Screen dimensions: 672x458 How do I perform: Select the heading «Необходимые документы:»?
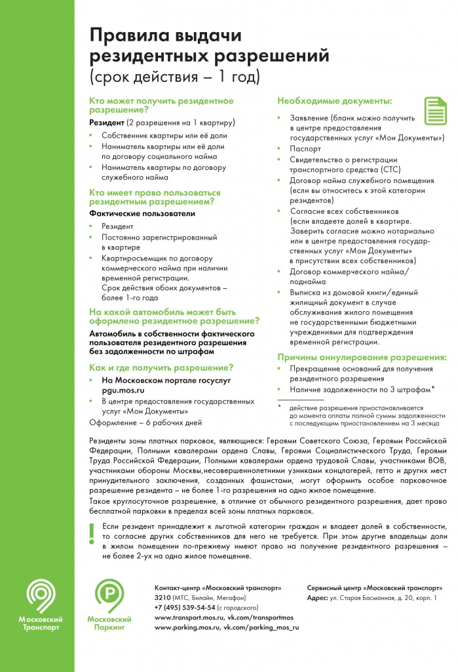point(335,101)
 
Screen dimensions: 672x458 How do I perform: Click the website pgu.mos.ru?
point(123,390)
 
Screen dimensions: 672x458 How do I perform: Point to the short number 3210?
point(162,598)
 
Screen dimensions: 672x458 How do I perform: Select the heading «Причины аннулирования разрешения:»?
point(362,358)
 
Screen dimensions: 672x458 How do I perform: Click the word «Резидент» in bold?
point(107,123)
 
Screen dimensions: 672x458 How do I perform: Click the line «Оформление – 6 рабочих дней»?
point(145,423)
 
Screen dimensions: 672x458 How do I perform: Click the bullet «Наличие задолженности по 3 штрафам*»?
point(362,390)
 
